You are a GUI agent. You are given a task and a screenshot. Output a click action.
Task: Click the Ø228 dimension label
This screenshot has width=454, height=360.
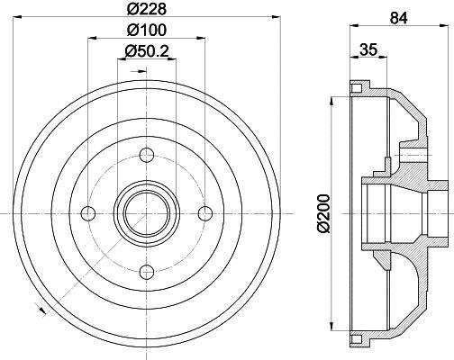(146, 10)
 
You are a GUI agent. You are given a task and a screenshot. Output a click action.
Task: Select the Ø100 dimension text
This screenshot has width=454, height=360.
(146, 31)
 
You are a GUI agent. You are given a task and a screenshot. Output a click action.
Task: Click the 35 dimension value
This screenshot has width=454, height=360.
(367, 51)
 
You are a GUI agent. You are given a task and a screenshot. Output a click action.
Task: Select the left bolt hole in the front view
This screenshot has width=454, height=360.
(88, 212)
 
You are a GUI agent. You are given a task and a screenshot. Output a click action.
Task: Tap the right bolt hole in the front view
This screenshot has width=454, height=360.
(204, 212)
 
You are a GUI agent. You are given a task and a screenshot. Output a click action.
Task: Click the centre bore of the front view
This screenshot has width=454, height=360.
(146, 212)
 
